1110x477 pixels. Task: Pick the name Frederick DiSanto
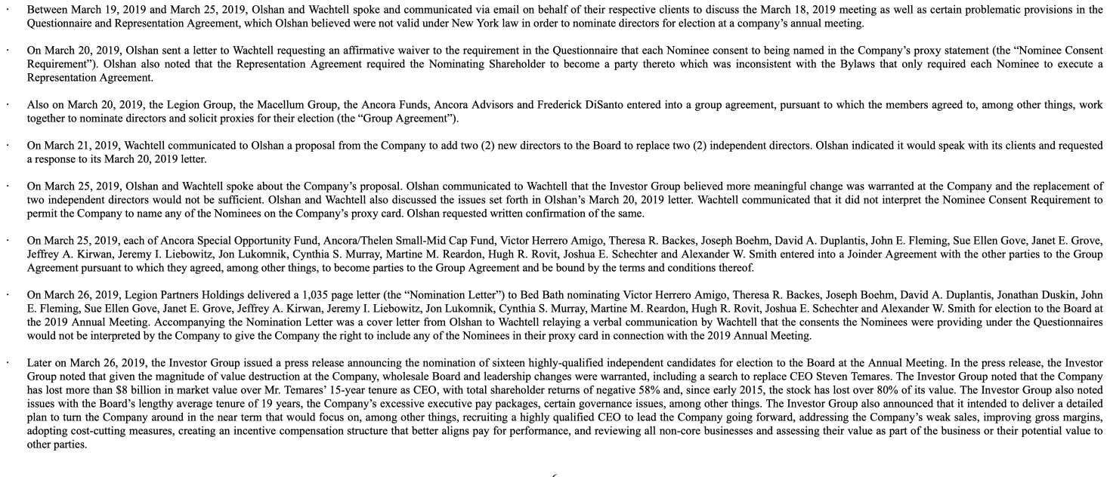point(576,105)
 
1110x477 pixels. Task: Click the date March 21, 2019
point(79,144)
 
